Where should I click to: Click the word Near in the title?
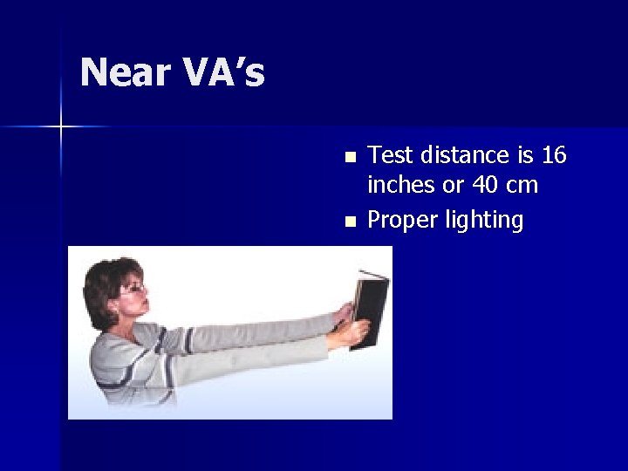126,72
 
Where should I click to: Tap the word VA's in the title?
223,72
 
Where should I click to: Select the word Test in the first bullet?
389,155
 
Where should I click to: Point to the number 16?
554,155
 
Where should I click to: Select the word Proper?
402,221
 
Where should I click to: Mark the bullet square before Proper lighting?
351,222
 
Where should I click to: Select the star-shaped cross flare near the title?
61,127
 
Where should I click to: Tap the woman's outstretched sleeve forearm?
262,336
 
